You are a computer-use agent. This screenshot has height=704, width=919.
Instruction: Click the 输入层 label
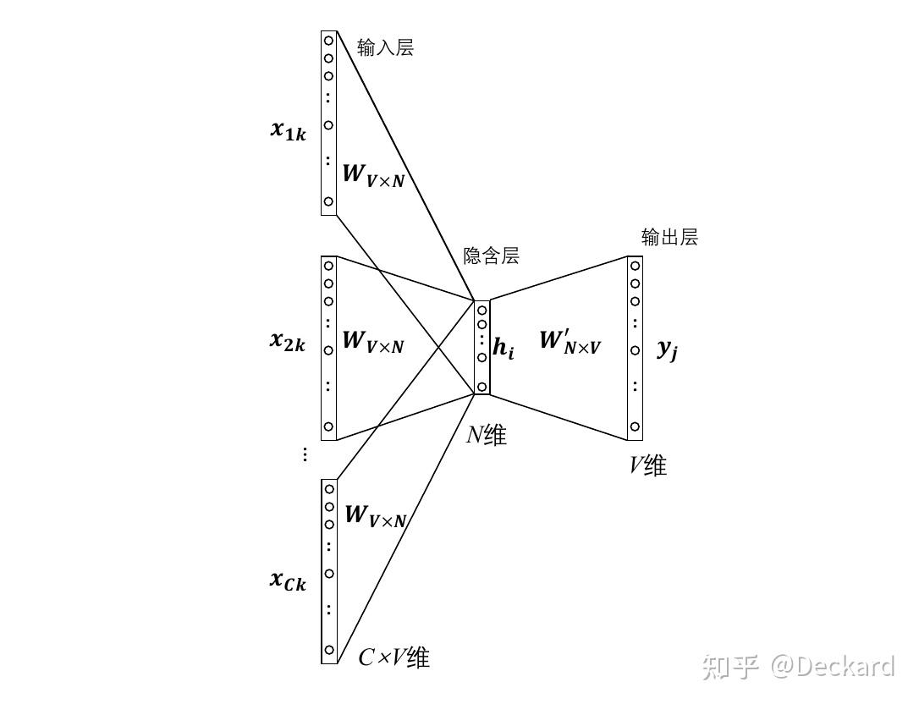(385, 47)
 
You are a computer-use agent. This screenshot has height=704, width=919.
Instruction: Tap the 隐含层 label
(491, 256)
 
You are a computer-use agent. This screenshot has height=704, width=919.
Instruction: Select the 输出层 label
(669, 237)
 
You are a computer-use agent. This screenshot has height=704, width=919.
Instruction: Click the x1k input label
(289, 130)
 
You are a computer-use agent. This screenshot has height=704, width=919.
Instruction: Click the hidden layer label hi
(504, 349)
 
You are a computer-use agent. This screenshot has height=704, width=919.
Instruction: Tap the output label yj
(667, 349)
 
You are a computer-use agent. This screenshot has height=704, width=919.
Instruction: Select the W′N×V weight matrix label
(570, 342)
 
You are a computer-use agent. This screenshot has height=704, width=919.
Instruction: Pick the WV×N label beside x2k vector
(373, 342)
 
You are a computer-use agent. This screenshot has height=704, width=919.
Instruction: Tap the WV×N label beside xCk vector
(376, 515)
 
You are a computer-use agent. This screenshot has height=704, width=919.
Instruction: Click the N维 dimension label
(487, 436)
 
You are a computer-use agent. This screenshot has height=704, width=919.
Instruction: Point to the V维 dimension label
(647, 465)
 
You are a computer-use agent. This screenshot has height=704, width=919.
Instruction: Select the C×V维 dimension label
(393, 657)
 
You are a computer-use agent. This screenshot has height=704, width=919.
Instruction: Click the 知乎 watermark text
(730, 667)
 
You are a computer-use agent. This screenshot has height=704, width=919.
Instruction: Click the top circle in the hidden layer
(482, 311)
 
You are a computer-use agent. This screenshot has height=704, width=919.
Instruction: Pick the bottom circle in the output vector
(635, 426)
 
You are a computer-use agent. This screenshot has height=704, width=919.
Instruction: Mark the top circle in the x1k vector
(328, 40)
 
